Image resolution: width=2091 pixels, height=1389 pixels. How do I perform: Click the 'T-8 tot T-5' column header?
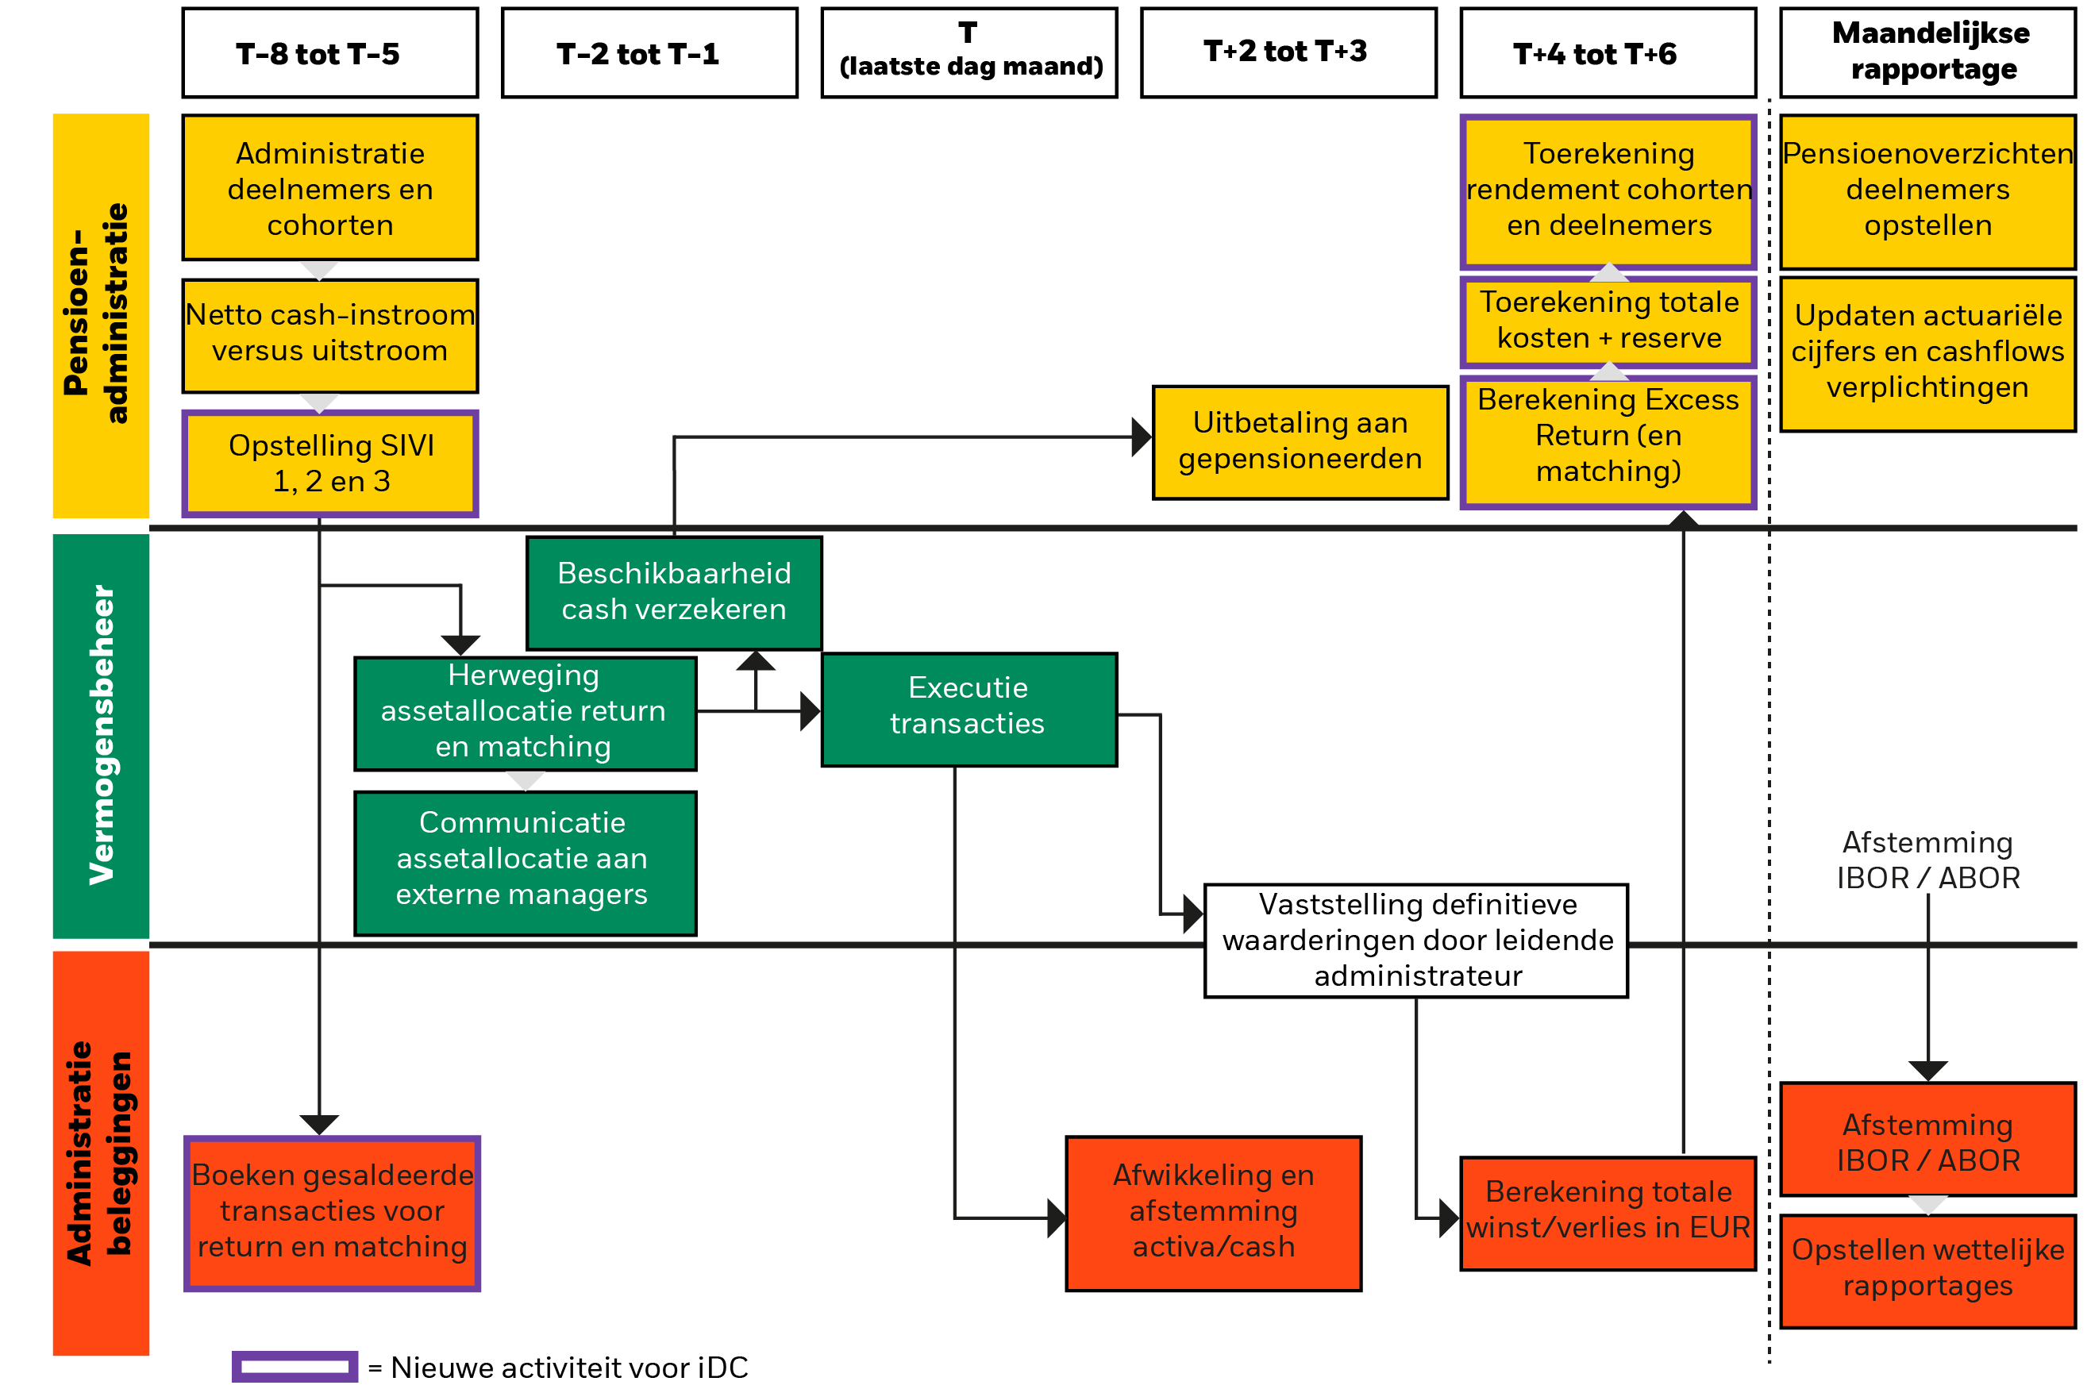click(x=329, y=53)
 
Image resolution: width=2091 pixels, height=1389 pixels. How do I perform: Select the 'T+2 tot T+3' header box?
click(x=1288, y=52)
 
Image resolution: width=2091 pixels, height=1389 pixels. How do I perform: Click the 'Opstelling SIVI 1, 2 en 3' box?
click(x=329, y=464)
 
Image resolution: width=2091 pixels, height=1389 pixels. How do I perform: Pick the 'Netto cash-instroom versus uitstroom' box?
click(x=329, y=335)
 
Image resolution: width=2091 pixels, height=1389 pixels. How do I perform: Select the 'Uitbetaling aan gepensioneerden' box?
click(x=1300, y=442)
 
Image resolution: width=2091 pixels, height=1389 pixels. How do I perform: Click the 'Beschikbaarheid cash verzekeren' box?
click(x=673, y=592)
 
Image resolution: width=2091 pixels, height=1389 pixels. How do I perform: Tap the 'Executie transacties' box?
click(x=968, y=709)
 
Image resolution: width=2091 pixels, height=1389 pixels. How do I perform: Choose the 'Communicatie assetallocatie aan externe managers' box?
click(x=525, y=861)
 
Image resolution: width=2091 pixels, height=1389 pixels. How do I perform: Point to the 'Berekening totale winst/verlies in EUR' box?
click(x=1608, y=1212)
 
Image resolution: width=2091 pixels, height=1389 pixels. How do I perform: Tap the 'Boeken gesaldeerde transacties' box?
click(x=333, y=1212)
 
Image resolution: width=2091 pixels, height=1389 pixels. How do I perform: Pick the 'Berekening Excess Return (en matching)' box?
click(x=1608, y=441)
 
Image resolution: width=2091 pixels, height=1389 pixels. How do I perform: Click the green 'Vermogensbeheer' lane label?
click(x=101, y=735)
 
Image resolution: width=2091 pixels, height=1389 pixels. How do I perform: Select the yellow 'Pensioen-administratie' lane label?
click(x=101, y=314)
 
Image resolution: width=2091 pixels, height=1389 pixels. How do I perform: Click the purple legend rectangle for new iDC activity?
click(x=295, y=1366)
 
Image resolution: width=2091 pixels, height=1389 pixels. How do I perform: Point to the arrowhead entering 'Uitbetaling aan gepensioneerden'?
click(x=1142, y=437)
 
